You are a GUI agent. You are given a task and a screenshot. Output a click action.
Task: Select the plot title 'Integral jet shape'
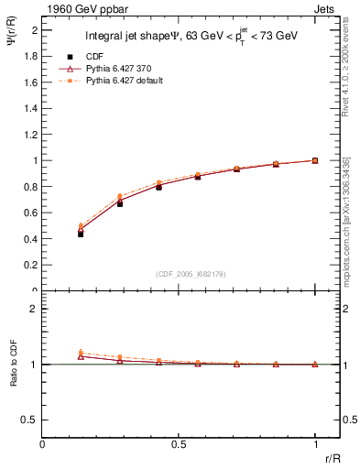pos(125,38)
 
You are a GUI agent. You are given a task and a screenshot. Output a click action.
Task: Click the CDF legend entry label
pos(94,57)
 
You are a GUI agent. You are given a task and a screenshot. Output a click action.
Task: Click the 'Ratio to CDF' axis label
pos(13,366)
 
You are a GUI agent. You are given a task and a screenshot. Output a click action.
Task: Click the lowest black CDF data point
pos(81,234)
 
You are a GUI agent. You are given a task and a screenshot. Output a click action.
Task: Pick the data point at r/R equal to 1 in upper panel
pos(315,160)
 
